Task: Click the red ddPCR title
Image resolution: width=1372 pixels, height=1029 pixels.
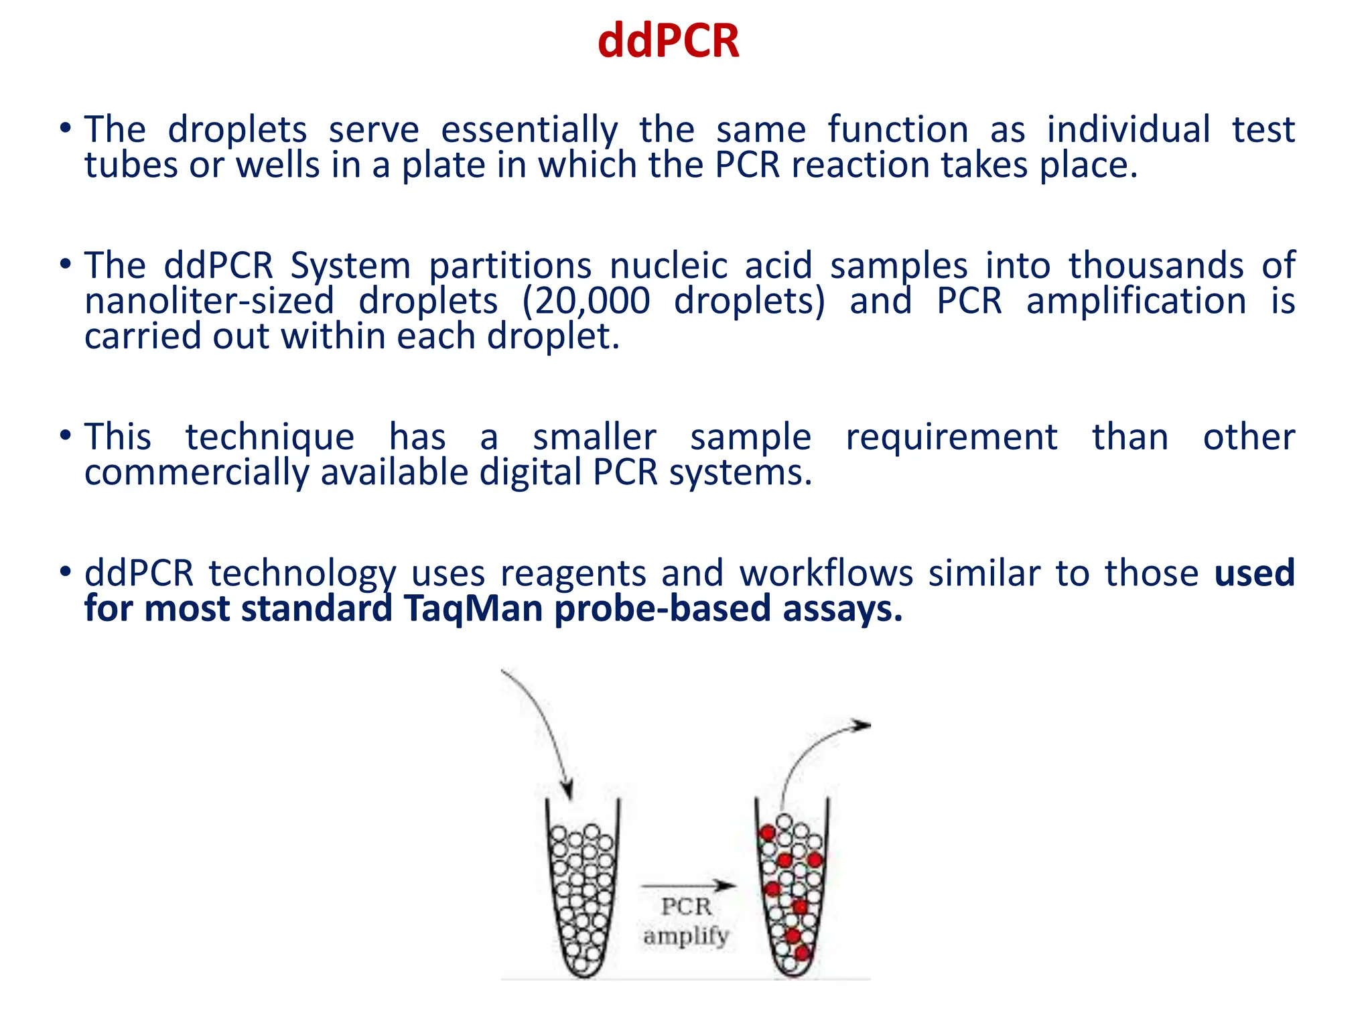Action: point(668,42)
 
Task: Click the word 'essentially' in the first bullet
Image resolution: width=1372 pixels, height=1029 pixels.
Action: point(529,130)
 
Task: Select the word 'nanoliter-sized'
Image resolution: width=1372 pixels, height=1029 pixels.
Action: point(209,301)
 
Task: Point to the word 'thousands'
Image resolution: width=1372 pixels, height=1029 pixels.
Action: point(1156,266)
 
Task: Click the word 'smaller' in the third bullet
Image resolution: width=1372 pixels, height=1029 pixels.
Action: point(594,437)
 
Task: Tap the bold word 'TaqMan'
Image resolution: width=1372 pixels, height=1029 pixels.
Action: point(473,609)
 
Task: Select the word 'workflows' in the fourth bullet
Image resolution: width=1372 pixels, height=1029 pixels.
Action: point(826,574)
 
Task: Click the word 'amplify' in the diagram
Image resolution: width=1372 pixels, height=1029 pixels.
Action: point(686,935)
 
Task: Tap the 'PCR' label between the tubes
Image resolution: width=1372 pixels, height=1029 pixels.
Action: point(686,906)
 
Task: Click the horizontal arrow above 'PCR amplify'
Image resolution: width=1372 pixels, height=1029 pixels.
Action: point(688,886)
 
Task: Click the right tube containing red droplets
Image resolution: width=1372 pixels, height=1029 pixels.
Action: point(792,891)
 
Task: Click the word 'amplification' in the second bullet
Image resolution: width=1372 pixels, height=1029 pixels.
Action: point(1136,301)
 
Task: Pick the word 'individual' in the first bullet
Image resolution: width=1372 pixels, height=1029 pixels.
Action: point(1128,130)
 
